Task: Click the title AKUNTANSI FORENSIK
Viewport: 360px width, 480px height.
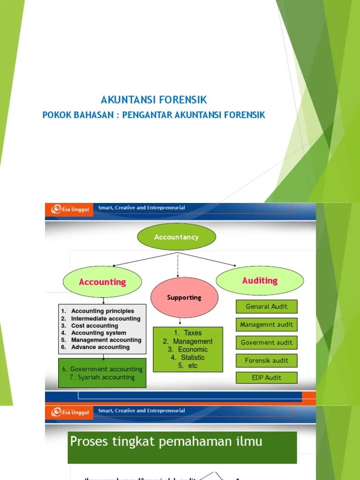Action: tap(154, 100)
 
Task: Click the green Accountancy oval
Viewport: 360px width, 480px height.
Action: tap(176, 237)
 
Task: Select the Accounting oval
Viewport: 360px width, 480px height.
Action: tap(102, 282)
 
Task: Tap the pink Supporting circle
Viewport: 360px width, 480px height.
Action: tap(184, 297)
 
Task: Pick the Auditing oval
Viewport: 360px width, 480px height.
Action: tap(260, 280)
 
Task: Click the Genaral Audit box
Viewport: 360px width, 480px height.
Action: tap(266, 307)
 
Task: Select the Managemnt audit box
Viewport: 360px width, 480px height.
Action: tap(266, 324)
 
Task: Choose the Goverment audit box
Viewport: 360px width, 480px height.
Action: tap(266, 343)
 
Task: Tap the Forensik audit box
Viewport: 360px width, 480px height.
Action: tap(266, 360)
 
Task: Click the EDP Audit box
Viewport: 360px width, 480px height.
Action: tap(266, 378)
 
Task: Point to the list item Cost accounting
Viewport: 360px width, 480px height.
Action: tap(95, 326)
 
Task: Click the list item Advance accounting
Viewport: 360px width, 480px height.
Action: tap(100, 347)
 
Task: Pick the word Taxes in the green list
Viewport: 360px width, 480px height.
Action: tap(193, 333)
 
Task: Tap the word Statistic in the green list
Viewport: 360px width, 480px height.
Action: tap(193, 358)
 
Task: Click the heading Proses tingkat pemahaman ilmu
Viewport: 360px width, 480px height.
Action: tap(166, 442)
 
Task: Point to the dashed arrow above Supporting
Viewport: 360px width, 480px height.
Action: tap(177, 264)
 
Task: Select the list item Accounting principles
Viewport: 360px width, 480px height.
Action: tap(102, 311)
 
